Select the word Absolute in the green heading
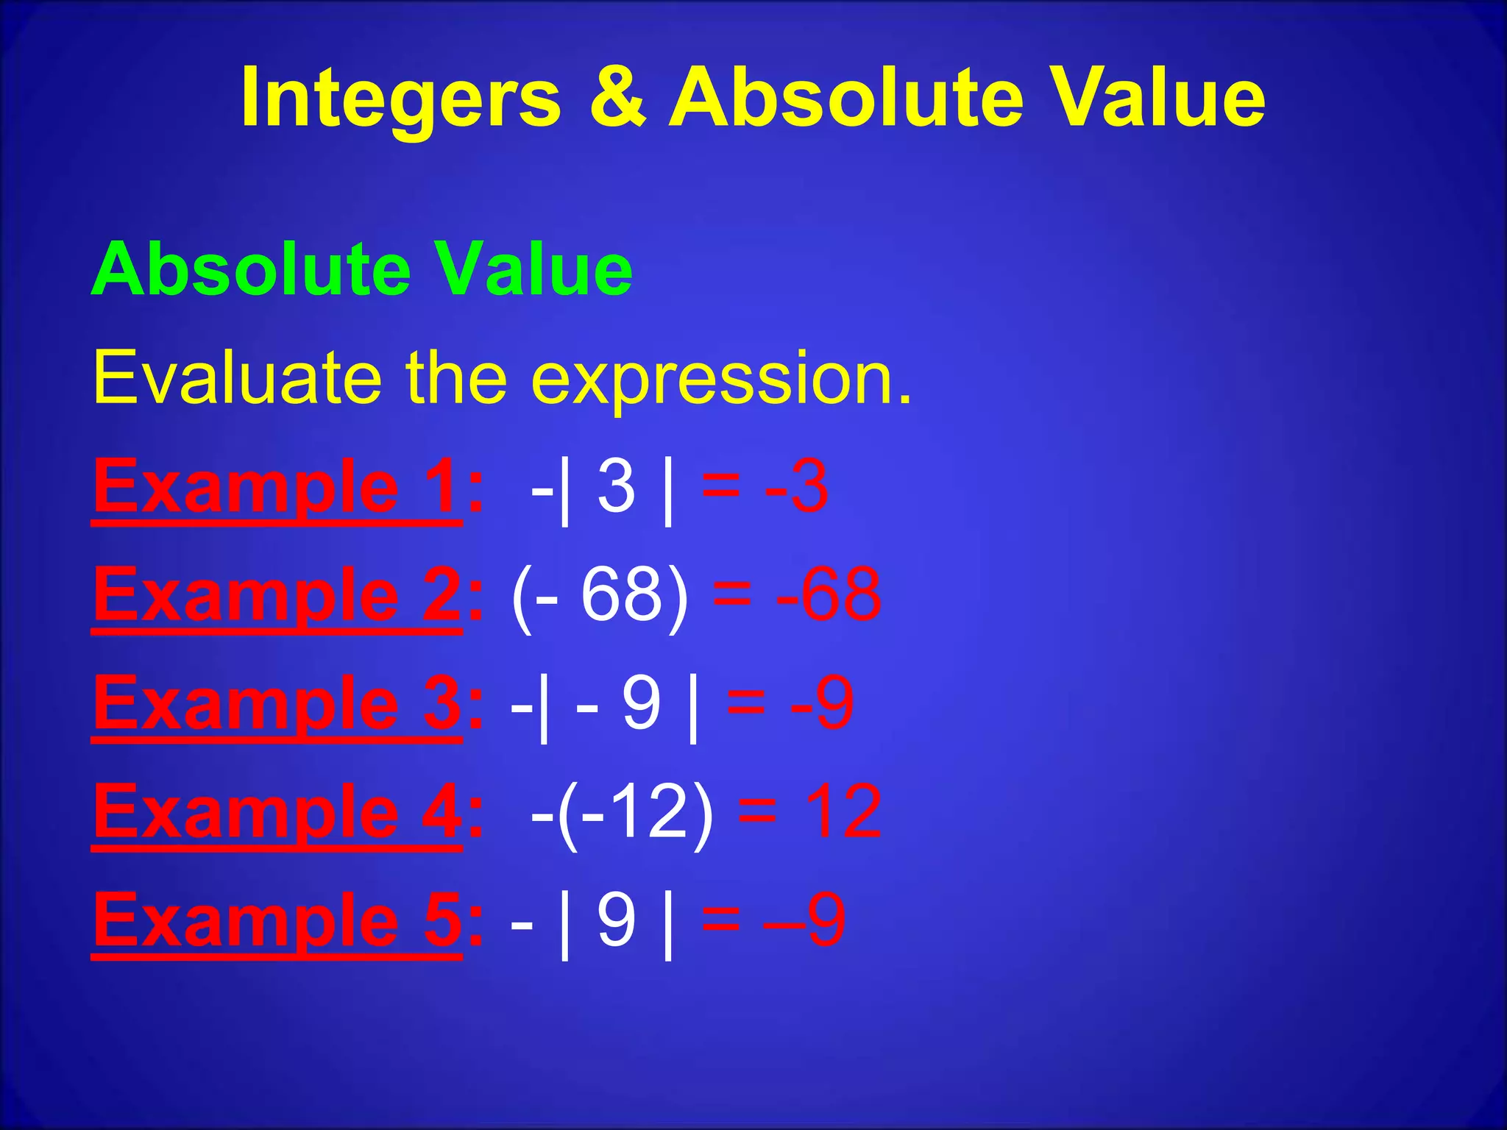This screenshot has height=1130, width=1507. pos(250,269)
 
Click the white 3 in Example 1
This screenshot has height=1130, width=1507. pos(616,486)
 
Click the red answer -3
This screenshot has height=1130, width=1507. pos(797,486)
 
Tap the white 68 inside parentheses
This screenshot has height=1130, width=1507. pos(622,594)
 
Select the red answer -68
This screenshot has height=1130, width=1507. pos(829,594)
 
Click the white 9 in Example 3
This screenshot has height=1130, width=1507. pos(642,703)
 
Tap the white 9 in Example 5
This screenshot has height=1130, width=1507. pos(616,920)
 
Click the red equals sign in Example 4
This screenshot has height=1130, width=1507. pos(757,812)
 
